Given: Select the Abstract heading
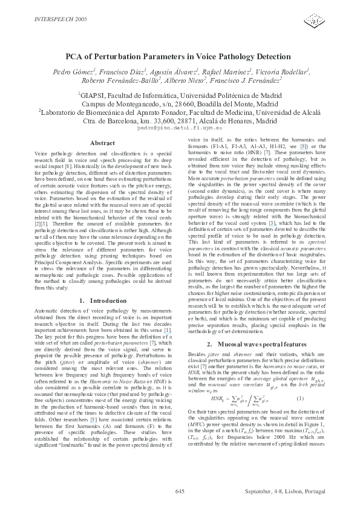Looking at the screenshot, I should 102,143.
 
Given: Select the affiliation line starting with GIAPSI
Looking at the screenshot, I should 179,95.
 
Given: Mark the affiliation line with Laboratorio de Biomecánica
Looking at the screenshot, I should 179,112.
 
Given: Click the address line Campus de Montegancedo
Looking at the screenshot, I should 179,103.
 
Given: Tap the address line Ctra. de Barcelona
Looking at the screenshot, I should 179,120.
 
